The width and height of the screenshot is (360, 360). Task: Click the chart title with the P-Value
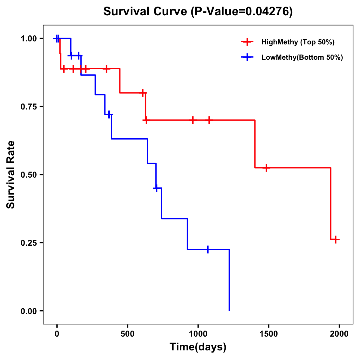point(198,11)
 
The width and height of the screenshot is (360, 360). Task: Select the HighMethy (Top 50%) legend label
point(298,42)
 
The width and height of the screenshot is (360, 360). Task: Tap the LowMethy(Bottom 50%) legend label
point(302,57)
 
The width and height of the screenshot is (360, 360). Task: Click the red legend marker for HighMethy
point(247,42)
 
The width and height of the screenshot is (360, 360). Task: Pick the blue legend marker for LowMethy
point(247,57)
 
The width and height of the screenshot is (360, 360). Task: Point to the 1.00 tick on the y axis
point(28,39)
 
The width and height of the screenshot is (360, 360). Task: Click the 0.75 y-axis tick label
point(28,107)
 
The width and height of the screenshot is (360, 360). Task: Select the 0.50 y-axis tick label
point(28,175)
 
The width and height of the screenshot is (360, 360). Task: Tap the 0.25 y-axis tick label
point(28,243)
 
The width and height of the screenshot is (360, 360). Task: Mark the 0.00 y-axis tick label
point(28,311)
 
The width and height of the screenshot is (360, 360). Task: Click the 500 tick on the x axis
point(127,334)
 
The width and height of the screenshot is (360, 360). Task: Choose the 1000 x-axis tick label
point(198,334)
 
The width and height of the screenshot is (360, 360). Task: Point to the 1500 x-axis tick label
point(268,334)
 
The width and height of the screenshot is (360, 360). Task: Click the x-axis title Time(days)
point(198,347)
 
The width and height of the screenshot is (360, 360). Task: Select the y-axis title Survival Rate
point(11,175)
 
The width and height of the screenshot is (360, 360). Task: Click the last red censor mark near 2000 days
point(336,239)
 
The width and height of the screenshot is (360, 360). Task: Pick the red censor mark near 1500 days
point(266,168)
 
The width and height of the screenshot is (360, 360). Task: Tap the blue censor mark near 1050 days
point(208,249)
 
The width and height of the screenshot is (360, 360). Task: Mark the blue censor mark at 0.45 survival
point(156,188)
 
